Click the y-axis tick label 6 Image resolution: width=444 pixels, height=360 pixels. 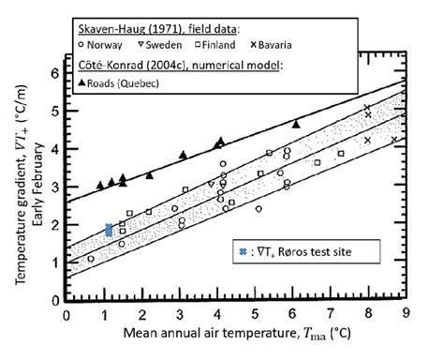(x=55, y=72)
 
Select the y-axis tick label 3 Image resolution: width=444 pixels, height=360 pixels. (x=55, y=187)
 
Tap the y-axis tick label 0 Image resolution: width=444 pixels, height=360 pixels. (x=55, y=302)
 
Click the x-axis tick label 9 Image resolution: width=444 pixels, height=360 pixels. (x=405, y=316)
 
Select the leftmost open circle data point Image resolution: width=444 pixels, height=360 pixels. (x=91, y=259)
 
